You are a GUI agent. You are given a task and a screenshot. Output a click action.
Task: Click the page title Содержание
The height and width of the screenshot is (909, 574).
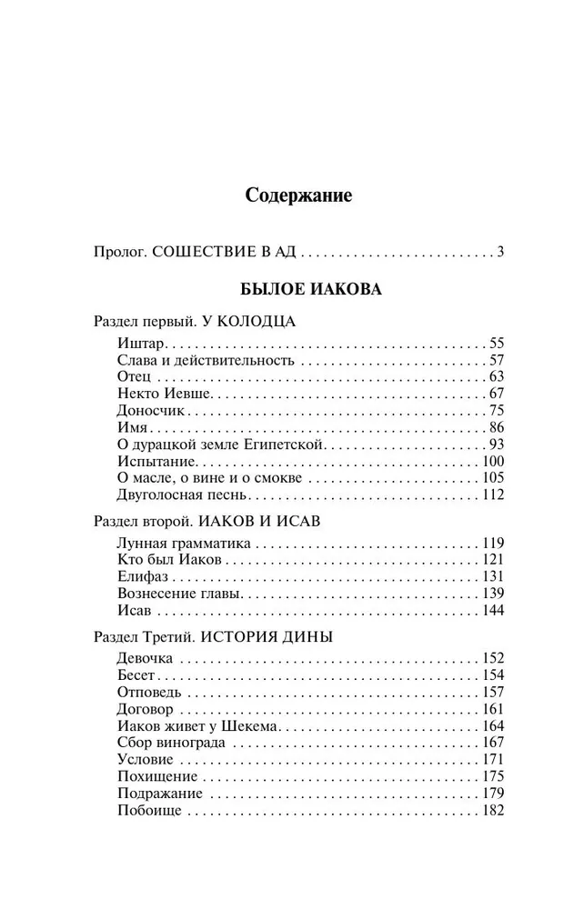(x=298, y=195)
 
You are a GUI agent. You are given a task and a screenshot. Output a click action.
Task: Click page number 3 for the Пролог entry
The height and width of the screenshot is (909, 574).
(x=500, y=252)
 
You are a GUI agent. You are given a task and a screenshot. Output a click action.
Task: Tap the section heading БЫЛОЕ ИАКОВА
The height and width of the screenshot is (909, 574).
(x=298, y=290)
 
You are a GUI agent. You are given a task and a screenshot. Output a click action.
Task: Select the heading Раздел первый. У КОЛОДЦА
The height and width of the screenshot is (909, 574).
(x=195, y=322)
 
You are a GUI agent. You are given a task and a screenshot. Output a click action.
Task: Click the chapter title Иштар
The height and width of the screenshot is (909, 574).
(x=137, y=343)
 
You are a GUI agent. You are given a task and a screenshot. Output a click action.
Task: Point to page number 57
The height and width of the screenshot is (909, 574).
(x=496, y=360)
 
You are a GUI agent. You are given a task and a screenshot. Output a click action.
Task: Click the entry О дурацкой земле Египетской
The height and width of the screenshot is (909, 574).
(x=222, y=445)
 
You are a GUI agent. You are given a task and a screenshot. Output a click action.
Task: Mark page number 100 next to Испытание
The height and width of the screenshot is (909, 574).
(x=492, y=462)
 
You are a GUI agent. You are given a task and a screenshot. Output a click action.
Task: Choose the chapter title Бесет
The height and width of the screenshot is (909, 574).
(x=137, y=674)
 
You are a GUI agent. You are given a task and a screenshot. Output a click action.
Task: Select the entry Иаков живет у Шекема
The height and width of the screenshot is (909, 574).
(x=196, y=725)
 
